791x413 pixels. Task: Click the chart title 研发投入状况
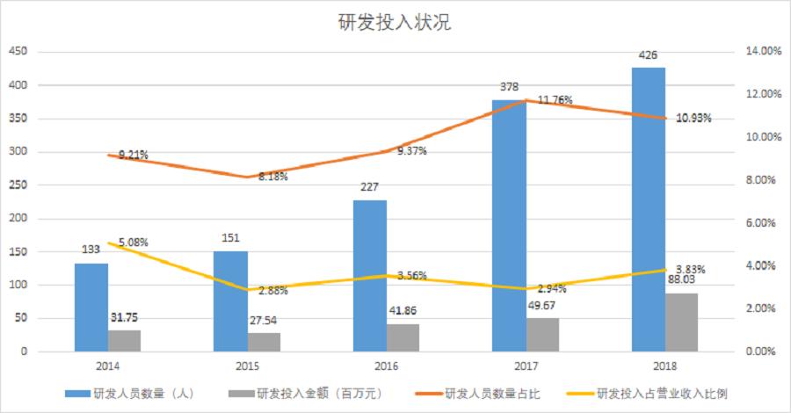395,23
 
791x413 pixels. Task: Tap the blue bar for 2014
91,307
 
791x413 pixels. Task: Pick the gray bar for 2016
403,337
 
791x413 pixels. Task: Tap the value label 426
648,56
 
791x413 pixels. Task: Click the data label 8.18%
272,177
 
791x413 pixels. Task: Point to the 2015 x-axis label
247,365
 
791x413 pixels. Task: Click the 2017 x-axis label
526,365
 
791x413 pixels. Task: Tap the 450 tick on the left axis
18,53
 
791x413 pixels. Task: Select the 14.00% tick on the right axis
763,53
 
